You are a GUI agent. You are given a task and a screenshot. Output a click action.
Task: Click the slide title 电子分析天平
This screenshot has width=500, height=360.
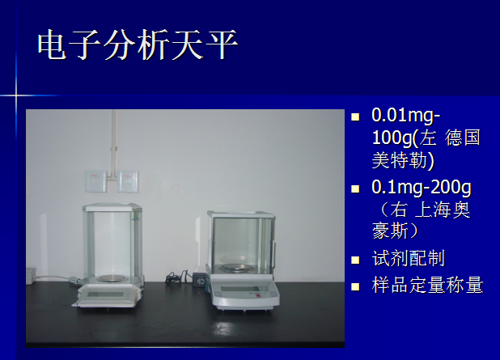click(x=138, y=44)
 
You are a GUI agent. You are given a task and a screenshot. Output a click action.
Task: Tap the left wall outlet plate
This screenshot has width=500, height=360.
click(x=96, y=181)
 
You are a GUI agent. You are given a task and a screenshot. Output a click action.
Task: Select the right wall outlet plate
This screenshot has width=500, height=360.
click(x=128, y=181)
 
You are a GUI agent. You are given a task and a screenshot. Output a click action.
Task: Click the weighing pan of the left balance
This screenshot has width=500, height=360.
click(x=110, y=278)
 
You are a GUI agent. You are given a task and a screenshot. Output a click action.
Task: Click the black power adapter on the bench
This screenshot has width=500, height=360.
click(x=200, y=278)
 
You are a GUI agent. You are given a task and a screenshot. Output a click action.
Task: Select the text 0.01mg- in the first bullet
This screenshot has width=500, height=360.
click(x=406, y=116)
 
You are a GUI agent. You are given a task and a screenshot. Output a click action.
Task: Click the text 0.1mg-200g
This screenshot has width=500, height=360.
click(x=422, y=187)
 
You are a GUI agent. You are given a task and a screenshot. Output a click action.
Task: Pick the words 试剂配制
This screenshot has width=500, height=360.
click(x=408, y=258)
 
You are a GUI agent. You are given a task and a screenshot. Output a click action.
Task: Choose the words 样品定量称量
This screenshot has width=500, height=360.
click(x=427, y=285)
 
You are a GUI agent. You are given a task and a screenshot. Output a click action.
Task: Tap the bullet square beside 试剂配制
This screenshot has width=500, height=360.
click(x=355, y=260)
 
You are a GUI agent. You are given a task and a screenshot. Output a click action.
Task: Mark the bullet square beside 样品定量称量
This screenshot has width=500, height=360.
click(x=355, y=286)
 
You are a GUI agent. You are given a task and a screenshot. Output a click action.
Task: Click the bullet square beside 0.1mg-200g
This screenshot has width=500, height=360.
click(x=355, y=188)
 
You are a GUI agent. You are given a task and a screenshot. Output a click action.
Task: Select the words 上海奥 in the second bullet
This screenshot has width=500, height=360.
click(x=443, y=210)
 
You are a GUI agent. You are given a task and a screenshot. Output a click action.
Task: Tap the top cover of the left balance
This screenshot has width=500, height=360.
click(x=112, y=206)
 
